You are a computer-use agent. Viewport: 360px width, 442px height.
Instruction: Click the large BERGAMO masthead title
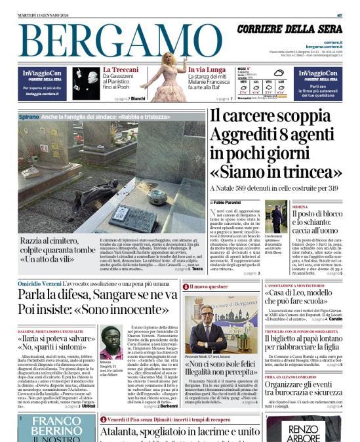point(117,41)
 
